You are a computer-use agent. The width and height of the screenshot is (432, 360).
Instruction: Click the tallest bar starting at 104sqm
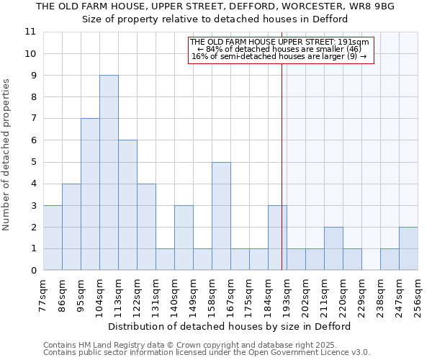109,173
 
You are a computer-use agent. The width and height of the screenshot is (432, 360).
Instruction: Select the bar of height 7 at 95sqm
90,194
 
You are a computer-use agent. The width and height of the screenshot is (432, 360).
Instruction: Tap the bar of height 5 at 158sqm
221,216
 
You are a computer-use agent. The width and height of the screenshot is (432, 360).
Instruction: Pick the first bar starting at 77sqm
53,238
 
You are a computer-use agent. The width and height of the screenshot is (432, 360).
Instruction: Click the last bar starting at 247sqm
408,248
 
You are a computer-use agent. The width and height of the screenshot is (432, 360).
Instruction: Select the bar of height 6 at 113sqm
127,205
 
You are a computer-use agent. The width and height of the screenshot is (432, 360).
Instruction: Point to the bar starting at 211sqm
333,248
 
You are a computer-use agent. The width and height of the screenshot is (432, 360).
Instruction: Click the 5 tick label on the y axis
33,162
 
